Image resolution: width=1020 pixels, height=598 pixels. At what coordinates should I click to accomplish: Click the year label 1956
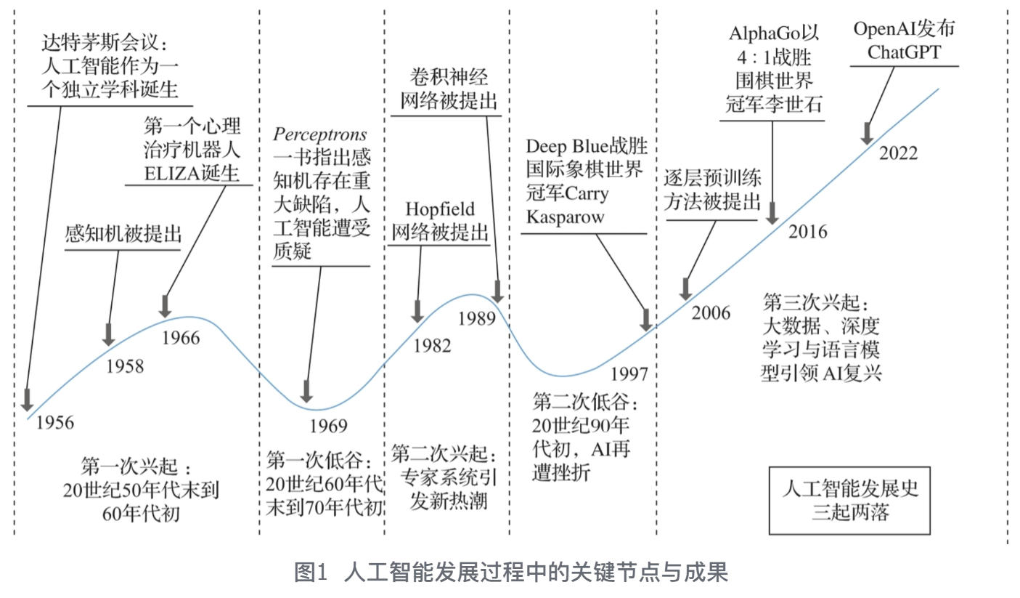click(55, 422)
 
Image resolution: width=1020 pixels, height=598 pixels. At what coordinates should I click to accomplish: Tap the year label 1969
click(328, 426)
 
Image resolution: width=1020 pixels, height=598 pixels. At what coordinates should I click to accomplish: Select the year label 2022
click(898, 153)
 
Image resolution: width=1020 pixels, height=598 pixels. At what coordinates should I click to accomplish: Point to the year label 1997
click(628, 373)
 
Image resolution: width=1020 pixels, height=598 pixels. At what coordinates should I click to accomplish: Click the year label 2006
click(710, 313)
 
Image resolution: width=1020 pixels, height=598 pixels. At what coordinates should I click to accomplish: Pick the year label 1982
click(432, 346)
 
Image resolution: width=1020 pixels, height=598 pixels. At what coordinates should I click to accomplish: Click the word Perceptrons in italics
click(320, 135)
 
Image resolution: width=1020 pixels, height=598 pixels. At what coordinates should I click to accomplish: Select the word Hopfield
click(440, 209)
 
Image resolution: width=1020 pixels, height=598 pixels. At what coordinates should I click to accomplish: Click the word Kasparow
click(565, 217)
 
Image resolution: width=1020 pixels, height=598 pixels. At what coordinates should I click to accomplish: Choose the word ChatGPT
click(904, 52)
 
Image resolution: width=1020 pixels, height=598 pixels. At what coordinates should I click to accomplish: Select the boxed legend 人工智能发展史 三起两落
click(849, 500)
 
